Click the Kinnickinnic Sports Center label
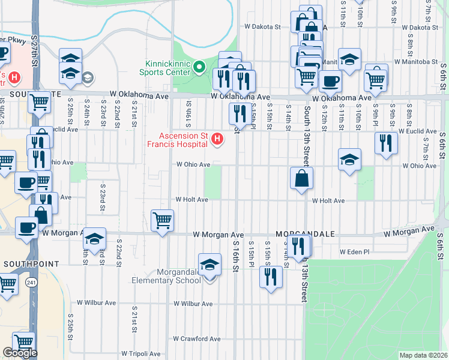click(169, 68)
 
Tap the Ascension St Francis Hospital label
click(178, 139)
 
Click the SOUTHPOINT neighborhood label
click(31, 263)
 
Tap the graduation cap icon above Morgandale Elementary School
click(209, 265)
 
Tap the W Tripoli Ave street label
click(141, 353)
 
